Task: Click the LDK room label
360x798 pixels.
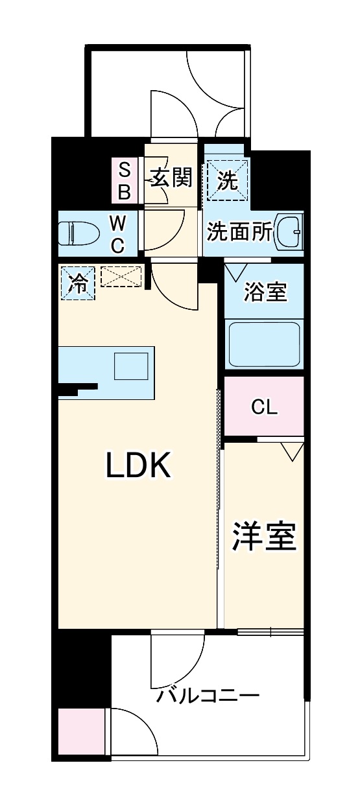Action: pos(138,465)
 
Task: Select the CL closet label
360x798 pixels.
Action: pos(264,407)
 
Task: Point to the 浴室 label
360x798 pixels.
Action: pos(265,292)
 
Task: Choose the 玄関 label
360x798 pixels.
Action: pos(172,178)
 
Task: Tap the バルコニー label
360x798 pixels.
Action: pos(208,697)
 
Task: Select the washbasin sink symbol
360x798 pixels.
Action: pos(290,231)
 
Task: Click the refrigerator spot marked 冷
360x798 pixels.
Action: pos(77,283)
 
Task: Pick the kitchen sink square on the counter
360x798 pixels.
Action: pos(132,366)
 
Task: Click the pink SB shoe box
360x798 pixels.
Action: pos(125,182)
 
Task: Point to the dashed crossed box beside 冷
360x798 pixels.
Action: pos(121,277)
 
